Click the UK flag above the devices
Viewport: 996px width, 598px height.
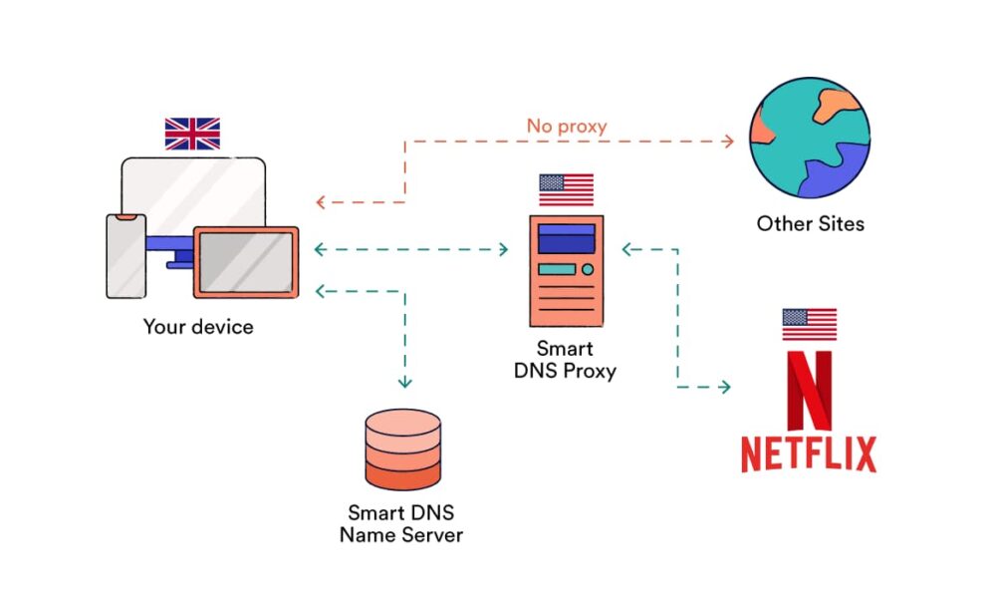coord(192,134)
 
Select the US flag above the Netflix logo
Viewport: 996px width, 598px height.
coord(809,324)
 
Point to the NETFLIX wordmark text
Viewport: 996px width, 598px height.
coord(809,453)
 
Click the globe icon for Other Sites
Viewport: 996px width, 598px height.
coord(809,140)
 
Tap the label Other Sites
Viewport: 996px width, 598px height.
coord(810,223)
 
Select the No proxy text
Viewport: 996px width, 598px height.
coord(567,127)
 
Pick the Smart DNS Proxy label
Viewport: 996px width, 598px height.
coord(565,360)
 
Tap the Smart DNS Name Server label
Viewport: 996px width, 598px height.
coord(401,524)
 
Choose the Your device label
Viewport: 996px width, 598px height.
coord(198,326)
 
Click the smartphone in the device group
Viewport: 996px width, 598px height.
coord(126,255)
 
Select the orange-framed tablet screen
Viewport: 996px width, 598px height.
coord(245,262)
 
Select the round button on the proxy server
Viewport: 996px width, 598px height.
coord(587,269)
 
